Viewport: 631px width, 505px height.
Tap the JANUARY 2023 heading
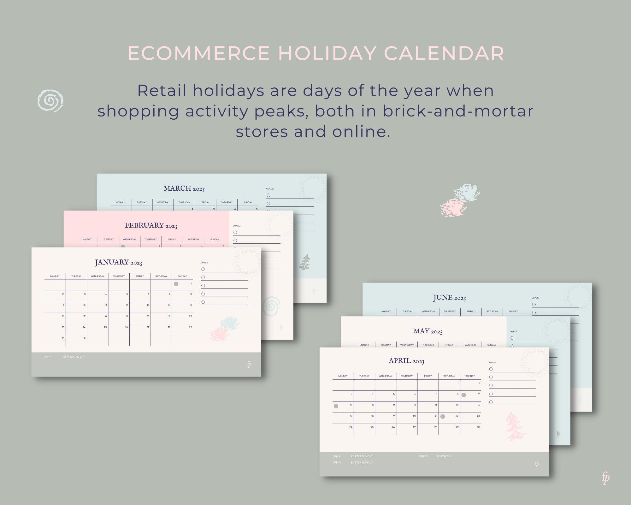click(x=119, y=262)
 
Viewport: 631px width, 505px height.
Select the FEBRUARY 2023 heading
click(x=151, y=225)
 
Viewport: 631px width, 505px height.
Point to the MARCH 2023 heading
click(x=184, y=188)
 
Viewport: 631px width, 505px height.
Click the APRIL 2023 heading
click(x=406, y=361)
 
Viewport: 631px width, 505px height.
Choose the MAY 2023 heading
click(x=428, y=331)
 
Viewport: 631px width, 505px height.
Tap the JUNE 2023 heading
click(x=449, y=298)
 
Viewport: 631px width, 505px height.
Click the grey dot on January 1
click(x=176, y=284)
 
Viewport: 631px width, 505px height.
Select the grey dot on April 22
click(x=443, y=417)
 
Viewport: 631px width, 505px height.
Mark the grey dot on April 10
click(x=336, y=406)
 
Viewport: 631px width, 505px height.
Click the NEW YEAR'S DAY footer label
click(x=74, y=357)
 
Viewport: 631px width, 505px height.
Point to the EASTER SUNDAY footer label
click(x=362, y=456)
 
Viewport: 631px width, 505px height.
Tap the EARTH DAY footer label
click(x=444, y=456)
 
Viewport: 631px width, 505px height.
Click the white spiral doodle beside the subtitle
click(x=50, y=100)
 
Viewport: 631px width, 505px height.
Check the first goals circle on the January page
click(x=203, y=269)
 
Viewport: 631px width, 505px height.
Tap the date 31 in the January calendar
click(x=85, y=338)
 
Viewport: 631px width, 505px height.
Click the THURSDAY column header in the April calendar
click(x=407, y=376)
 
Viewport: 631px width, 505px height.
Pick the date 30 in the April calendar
click(x=478, y=427)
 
